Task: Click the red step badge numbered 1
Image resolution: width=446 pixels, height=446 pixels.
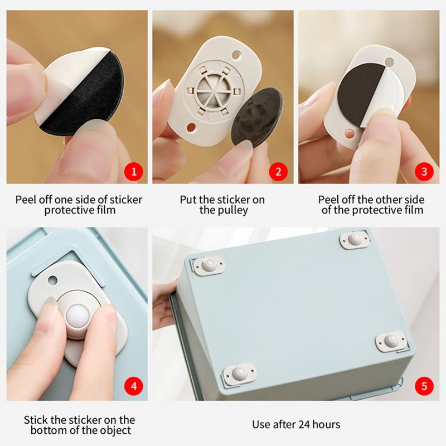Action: click(133, 171)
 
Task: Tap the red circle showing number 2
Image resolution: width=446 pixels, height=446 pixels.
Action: click(278, 171)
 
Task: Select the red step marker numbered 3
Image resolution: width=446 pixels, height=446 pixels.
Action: click(424, 171)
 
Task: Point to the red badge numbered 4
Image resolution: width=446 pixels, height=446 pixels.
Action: click(133, 386)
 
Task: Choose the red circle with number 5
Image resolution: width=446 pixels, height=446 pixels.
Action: click(424, 386)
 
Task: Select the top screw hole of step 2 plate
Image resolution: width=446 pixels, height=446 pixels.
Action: click(239, 55)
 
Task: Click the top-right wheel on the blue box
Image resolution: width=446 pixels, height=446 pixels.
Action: click(354, 240)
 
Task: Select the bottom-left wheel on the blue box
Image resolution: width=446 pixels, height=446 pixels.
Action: click(239, 372)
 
